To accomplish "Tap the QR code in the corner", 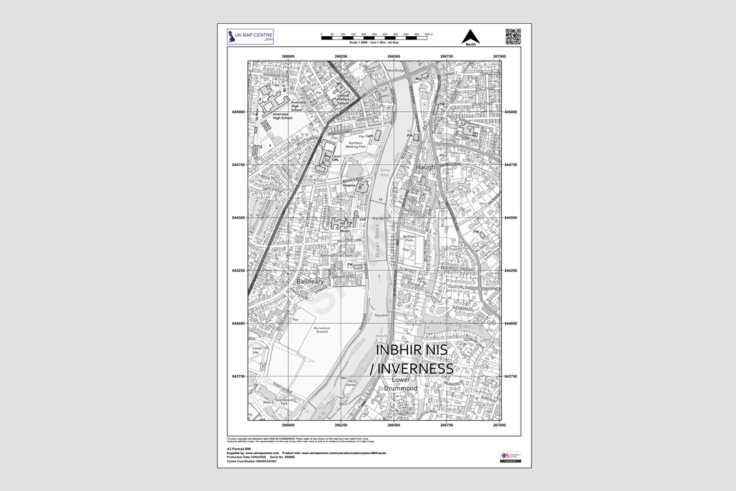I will click(513, 36).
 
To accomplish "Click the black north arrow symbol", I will click(470, 36).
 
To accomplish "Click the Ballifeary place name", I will click(309, 281).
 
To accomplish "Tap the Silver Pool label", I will click(386, 173).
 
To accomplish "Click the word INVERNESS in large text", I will click(415, 369).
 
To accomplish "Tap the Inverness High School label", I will click(282, 116).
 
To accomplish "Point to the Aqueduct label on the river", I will click(382, 315).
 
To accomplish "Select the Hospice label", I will click(350, 184).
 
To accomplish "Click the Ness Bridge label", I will click(395, 70).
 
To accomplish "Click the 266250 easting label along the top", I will click(341, 56).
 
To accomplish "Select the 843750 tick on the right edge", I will click(510, 376).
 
